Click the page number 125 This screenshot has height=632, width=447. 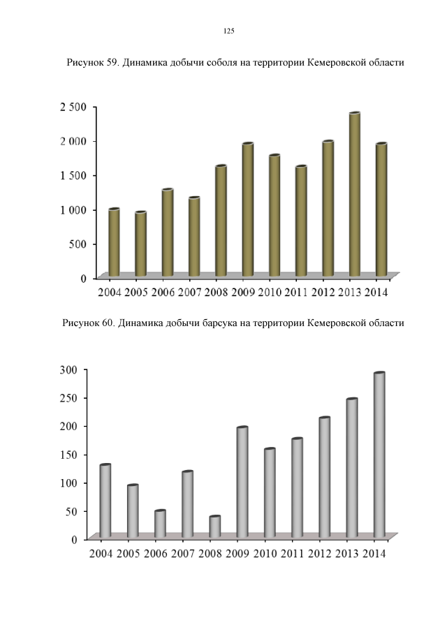point(228,31)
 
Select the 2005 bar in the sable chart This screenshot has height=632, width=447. point(140,244)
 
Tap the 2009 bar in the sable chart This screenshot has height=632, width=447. point(247,210)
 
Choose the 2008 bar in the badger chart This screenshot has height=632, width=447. point(215,527)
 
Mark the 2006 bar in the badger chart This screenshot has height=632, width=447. point(160,524)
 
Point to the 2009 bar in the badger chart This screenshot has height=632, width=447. point(242,483)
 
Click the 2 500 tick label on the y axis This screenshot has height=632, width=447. point(72,106)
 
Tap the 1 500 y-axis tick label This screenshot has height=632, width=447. point(72,175)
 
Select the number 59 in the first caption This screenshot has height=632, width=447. point(112,62)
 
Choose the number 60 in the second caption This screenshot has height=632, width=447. point(109,323)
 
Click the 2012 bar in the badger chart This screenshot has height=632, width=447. point(324,478)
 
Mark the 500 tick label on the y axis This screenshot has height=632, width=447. point(78,244)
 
